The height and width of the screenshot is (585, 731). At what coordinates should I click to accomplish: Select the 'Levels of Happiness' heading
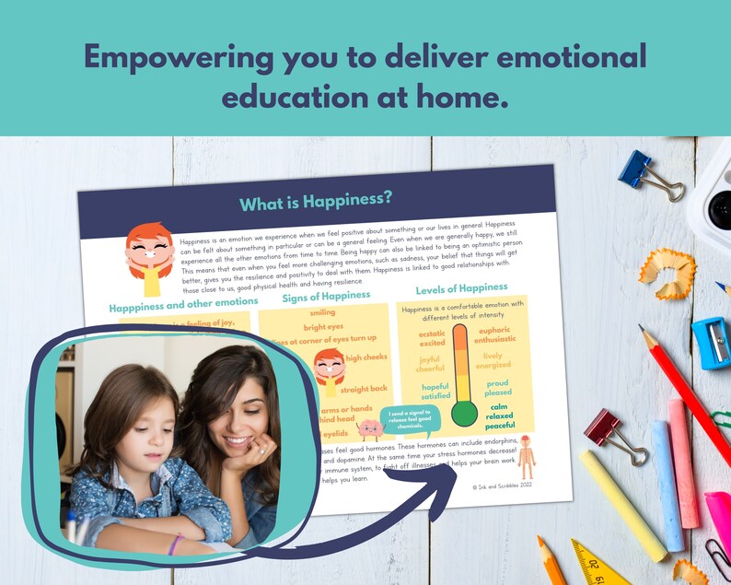pyautogui.click(x=461, y=288)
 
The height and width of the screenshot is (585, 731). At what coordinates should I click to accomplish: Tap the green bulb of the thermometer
pyautogui.click(x=464, y=415)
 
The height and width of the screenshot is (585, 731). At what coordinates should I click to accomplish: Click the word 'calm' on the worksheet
pyautogui.click(x=499, y=406)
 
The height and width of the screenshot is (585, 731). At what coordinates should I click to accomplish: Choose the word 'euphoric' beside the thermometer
pyautogui.click(x=495, y=329)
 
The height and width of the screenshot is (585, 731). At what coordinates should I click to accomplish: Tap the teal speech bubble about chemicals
pyautogui.click(x=407, y=419)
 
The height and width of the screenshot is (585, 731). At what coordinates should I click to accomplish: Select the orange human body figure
pyautogui.click(x=525, y=455)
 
